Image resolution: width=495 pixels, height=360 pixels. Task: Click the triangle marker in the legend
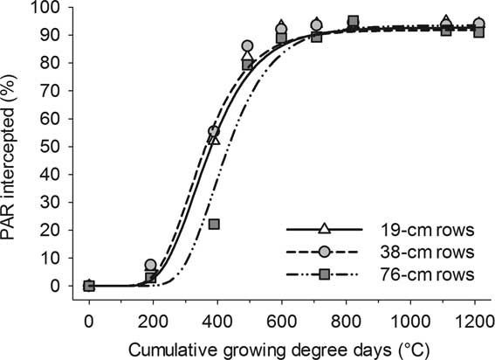(324, 230)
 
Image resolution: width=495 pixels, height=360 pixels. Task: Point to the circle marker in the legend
(324, 252)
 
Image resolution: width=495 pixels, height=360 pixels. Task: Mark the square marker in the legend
(324, 274)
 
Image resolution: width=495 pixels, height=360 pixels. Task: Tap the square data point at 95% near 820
(353, 21)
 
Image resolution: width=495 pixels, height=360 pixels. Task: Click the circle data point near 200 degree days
(150, 265)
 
